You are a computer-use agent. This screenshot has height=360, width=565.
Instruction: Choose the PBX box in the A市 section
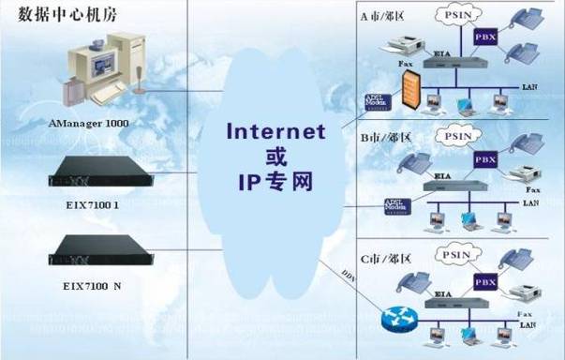[x=485, y=37]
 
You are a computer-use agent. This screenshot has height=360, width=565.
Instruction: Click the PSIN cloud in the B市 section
[x=457, y=136]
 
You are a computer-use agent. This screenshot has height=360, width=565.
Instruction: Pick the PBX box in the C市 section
[x=484, y=279]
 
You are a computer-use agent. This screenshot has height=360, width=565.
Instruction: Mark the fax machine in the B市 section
[x=518, y=176]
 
